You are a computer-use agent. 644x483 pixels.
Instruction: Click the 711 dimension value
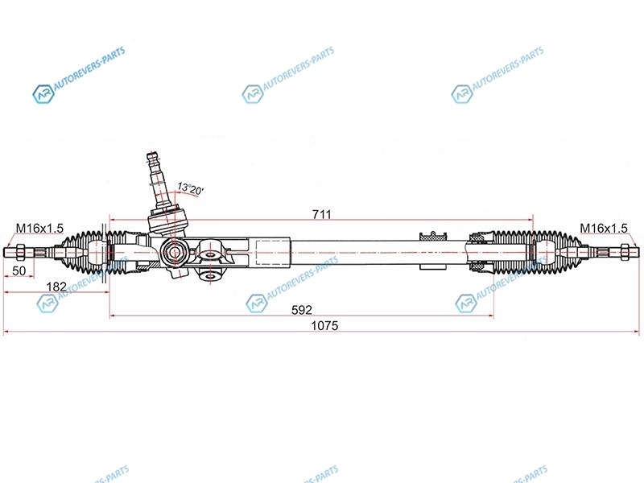(321, 214)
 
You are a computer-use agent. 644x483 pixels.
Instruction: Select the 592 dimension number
(302, 310)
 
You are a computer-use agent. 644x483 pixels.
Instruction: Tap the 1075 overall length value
(324, 326)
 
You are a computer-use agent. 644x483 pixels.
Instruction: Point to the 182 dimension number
(56, 287)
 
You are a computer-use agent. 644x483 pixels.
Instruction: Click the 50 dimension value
(19, 270)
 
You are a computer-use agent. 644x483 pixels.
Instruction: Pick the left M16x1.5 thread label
(39, 229)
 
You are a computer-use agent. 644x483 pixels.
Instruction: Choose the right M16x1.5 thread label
(604, 229)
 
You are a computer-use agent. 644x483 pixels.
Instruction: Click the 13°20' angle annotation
(190, 188)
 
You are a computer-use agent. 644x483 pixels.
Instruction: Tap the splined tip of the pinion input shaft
(152, 158)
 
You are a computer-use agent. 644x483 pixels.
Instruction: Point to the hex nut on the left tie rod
(19, 251)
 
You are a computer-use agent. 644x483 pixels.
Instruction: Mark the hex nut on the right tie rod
(625, 251)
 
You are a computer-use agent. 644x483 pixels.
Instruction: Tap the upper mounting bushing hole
(210, 254)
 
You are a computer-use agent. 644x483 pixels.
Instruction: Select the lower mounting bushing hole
(210, 276)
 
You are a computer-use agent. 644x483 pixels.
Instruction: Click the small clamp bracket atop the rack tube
(433, 236)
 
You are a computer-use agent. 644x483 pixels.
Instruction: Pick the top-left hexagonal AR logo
(43, 94)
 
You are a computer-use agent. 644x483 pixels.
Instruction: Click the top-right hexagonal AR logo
(461, 94)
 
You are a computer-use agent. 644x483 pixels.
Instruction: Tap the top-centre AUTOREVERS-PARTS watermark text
(299, 68)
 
